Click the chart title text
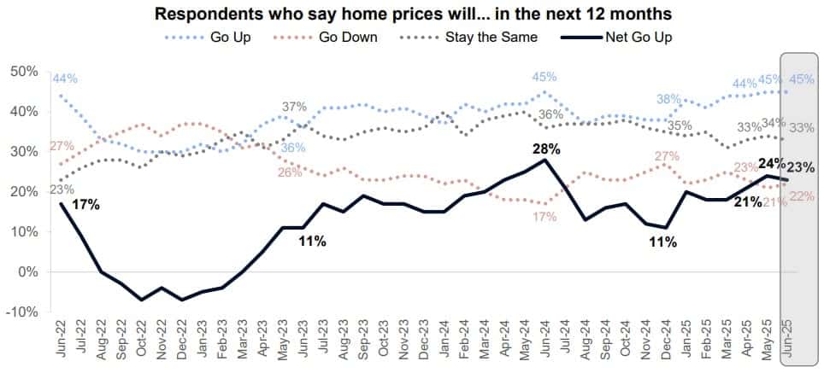(412, 14)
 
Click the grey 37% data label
(294, 107)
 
